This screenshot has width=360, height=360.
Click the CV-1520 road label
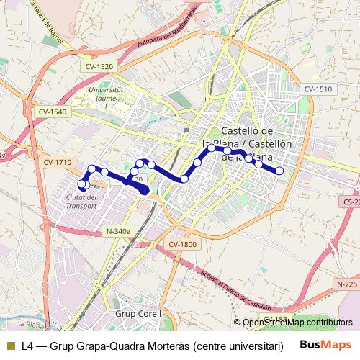click(99, 66)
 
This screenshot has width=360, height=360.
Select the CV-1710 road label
click(57, 162)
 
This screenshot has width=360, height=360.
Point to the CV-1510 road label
click(317, 89)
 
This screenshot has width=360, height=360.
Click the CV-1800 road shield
click(183, 245)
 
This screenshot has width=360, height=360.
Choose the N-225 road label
click(347, 285)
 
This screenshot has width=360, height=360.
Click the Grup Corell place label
click(138, 315)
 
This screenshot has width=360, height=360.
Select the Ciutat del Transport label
click(81, 201)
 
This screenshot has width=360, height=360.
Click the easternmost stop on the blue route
click(279, 171)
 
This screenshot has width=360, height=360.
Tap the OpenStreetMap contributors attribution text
click(297, 323)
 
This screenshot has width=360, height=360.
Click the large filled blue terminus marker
click(143, 189)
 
